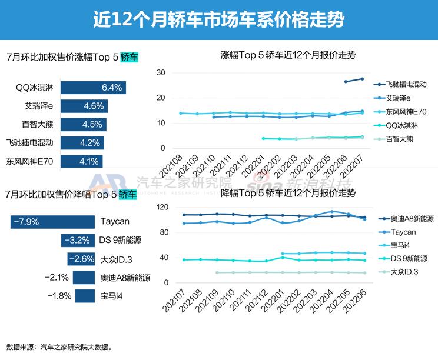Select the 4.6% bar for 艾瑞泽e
(x=83, y=106)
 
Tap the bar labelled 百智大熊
(x=82, y=125)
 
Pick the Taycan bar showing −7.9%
(x=52, y=222)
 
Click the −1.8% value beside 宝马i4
(x=59, y=295)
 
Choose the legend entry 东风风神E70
(x=406, y=112)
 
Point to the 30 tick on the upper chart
(x=161, y=72)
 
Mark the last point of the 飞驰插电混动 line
(x=362, y=79)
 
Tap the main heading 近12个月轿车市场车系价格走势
(x=219, y=19)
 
